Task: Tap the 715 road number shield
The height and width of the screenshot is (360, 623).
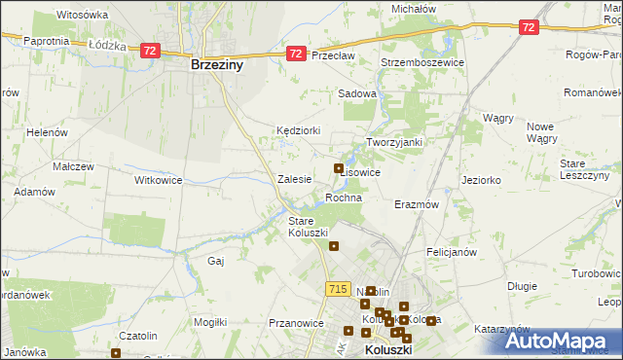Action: pyautogui.click(x=338, y=289)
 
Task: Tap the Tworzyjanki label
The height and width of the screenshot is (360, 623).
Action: pyautogui.click(x=394, y=142)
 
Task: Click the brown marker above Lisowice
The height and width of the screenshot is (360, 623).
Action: pyautogui.click(x=339, y=168)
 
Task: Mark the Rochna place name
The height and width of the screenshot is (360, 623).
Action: pyautogui.click(x=344, y=198)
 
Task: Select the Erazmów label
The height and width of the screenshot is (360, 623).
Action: pyautogui.click(x=418, y=205)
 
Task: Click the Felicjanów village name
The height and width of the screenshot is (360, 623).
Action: pyautogui.click(x=451, y=251)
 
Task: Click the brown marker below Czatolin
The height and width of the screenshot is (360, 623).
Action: pyautogui.click(x=116, y=353)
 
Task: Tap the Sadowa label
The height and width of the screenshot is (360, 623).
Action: pyautogui.click(x=356, y=93)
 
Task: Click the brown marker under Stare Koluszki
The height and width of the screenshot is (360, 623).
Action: pyautogui.click(x=334, y=245)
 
